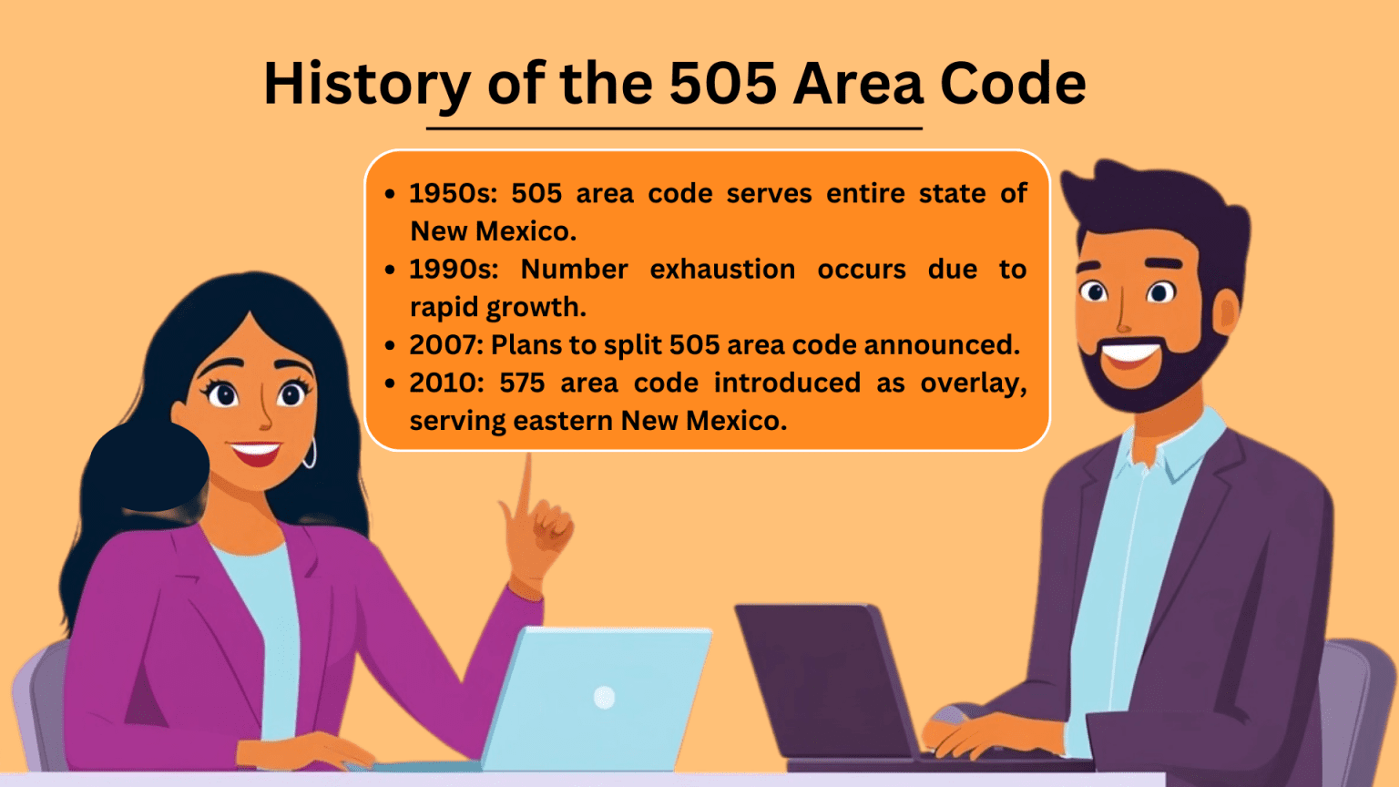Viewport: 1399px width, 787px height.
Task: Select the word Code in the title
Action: pyautogui.click(x=1012, y=85)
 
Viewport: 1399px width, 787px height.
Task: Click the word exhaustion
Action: pyautogui.click(x=722, y=270)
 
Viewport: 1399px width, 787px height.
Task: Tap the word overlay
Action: pyautogui.click(x=973, y=383)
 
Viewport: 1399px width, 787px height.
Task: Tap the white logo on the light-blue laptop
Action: pyautogui.click(x=604, y=698)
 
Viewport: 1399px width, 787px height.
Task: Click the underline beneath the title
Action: pyautogui.click(x=674, y=128)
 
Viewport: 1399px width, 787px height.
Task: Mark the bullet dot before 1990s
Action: pyautogui.click(x=390, y=270)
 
